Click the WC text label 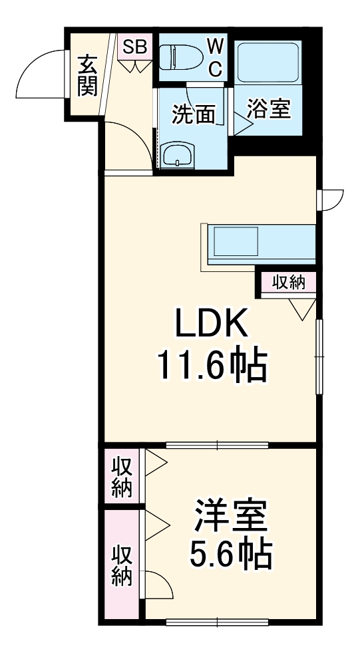[215, 57]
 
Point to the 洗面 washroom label [194, 115]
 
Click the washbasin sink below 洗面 [178, 154]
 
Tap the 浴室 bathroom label [270, 109]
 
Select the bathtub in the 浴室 [270, 63]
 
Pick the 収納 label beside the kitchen [288, 283]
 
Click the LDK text [211, 325]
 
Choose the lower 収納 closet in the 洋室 [121, 565]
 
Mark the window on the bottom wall [217, 622]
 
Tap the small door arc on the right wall [331, 199]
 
